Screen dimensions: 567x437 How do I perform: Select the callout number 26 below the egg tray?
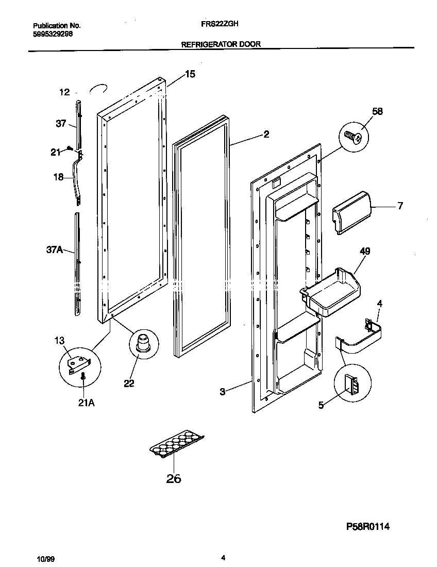(174, 479)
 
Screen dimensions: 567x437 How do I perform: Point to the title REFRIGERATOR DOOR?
(221, 44)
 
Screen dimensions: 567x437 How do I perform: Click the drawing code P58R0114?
(367, 527)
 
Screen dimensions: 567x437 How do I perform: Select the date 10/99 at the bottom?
(45, 558)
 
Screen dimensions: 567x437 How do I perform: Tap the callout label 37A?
(54, 250)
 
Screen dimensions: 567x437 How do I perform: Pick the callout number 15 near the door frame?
(190, 74)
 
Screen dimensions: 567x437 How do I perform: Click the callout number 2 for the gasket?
(266, 135)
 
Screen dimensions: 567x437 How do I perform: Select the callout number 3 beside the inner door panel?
(222, 392)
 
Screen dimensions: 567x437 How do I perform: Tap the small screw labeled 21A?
(83, 379)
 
